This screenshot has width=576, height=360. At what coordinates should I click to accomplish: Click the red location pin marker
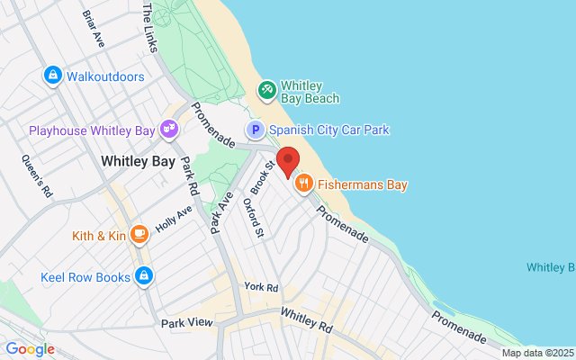(288, 160)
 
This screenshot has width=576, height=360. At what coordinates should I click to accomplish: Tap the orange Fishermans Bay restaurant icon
(304, 184)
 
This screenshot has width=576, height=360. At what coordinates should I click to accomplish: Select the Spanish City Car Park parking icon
(256, 130)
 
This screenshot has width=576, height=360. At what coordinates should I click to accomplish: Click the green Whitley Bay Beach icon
(266, 89)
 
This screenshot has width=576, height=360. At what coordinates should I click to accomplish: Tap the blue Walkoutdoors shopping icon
(52, 76)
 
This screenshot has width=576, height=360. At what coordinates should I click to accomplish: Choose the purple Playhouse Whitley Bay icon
(168, 130)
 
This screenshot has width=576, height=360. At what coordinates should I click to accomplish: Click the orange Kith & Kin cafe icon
(139, 236)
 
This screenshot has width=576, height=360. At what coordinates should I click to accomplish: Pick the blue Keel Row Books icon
(143, 277)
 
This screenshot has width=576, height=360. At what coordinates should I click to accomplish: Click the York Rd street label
(261, 287)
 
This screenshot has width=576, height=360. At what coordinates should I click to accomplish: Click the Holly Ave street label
(174, 219)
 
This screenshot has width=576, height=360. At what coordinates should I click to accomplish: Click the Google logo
(30, 349)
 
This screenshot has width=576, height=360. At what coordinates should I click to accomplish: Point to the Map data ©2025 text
(537, 353)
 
